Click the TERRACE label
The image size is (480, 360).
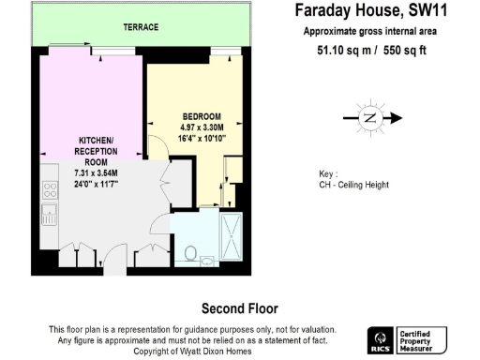pyautogui.click(x=141, y=28)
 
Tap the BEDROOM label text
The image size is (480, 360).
pyautogui.click(x=199, y=116)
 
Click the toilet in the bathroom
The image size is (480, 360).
pyautogui.click(x=191, y=252)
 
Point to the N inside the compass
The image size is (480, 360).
pyautogui.click(x=368, y=118)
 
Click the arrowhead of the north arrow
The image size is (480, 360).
pyautogui.click(x=397, y=118)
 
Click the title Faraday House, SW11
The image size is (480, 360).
pyautogui.click(x=365, y=12)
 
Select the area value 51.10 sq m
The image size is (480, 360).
pyautogui.click(x=335, y=52)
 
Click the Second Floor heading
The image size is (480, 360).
pyautogui.click(x=239, y=307)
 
